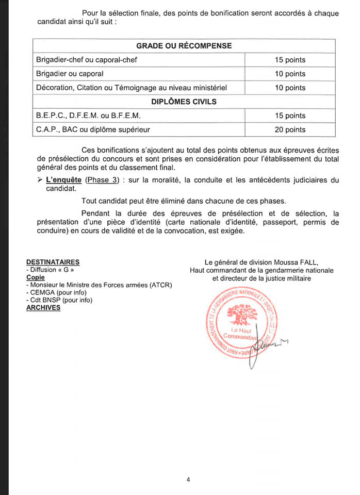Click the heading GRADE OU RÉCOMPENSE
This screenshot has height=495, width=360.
pyautogui.click(x=184, y=45)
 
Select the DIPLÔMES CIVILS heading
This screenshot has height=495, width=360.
pyautogui.click(x=184, y=102)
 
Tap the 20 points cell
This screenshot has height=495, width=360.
pyautogui.click(x=290, y=129)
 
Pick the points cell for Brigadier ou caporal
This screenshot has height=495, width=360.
pyautogui.click(x=290, y=74)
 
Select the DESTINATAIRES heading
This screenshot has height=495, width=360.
pyautogui.click(x=53, y=262)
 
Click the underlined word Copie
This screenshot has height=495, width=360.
pyautogui.click(x=36, y=277)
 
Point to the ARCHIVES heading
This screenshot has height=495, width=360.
pyautogui.click(x=43, y=308)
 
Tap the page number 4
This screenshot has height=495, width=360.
pyautogui.click(x=188, y=480)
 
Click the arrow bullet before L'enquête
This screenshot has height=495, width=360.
pyautogui.click(x=40, y=179)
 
